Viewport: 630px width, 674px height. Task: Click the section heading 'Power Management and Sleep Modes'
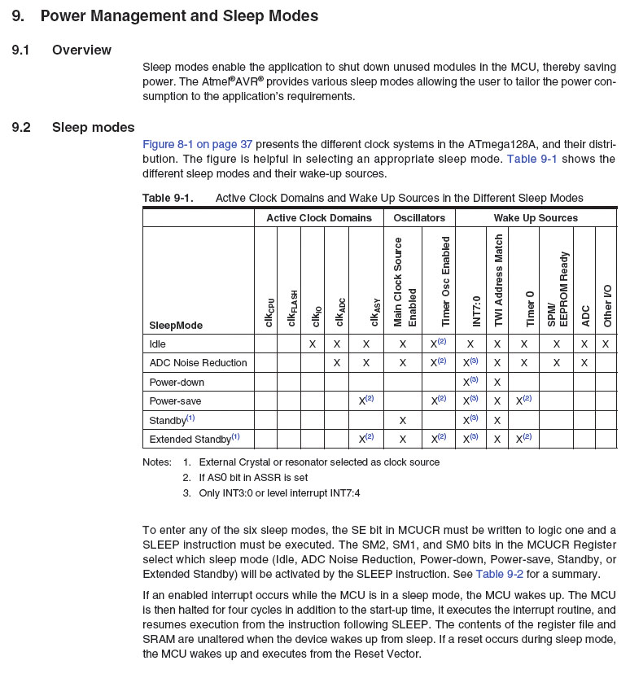[179, 15]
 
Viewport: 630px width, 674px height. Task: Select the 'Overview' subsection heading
[81, 50]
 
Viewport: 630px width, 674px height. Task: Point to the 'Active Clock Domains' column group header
[318, 218]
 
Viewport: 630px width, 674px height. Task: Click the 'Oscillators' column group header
[419, 218]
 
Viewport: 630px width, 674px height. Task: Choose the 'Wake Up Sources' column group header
[536, 218]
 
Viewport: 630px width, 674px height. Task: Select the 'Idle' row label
[159, 344]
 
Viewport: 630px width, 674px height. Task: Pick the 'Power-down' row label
[177, 382]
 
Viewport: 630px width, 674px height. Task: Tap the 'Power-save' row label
[175, 401]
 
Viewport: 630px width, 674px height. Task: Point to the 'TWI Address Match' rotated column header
[499, 281]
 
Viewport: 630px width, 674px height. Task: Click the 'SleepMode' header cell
[176, 326]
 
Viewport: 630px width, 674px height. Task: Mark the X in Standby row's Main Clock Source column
[402, 420]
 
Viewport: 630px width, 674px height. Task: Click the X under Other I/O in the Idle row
[606, 344]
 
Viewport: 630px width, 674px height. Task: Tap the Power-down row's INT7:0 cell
[470, 382]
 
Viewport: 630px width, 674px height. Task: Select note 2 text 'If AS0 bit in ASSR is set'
[255, 478]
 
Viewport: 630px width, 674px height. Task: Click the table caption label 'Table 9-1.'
[168, 198]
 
